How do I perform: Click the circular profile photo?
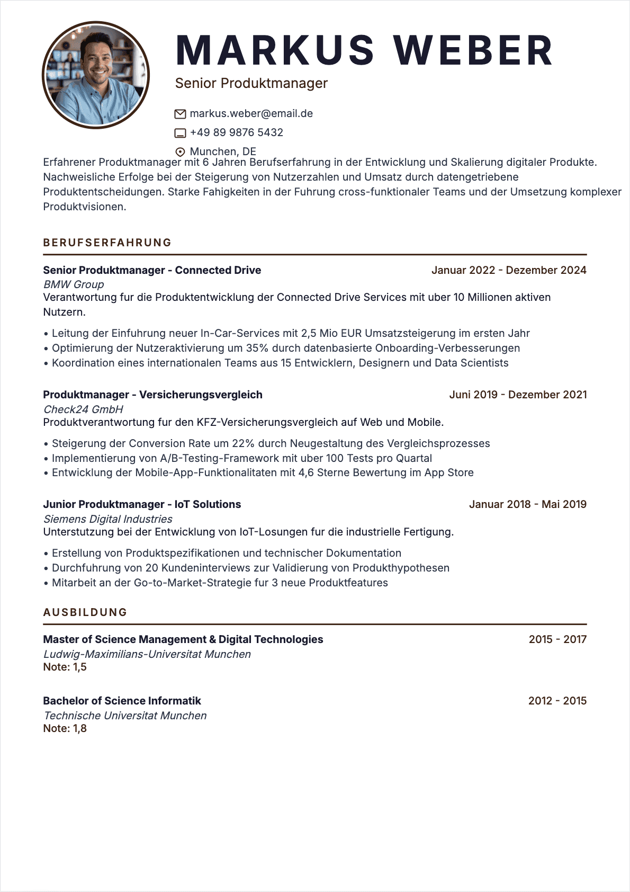96,75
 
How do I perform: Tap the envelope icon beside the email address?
180,114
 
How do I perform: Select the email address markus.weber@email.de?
251,113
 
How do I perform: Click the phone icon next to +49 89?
180,133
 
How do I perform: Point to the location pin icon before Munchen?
180,152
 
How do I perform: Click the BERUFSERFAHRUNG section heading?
107,243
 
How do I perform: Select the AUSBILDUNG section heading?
85,612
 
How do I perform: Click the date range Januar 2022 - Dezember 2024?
509,270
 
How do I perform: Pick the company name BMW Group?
74,284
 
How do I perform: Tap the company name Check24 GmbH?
83,409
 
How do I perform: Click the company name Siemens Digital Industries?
108,519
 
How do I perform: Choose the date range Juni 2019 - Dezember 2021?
518,395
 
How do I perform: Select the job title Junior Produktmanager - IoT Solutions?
142,504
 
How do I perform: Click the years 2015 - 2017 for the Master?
557,639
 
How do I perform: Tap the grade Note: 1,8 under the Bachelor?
65,728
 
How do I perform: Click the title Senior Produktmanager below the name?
251,83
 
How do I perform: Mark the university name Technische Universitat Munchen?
125,716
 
